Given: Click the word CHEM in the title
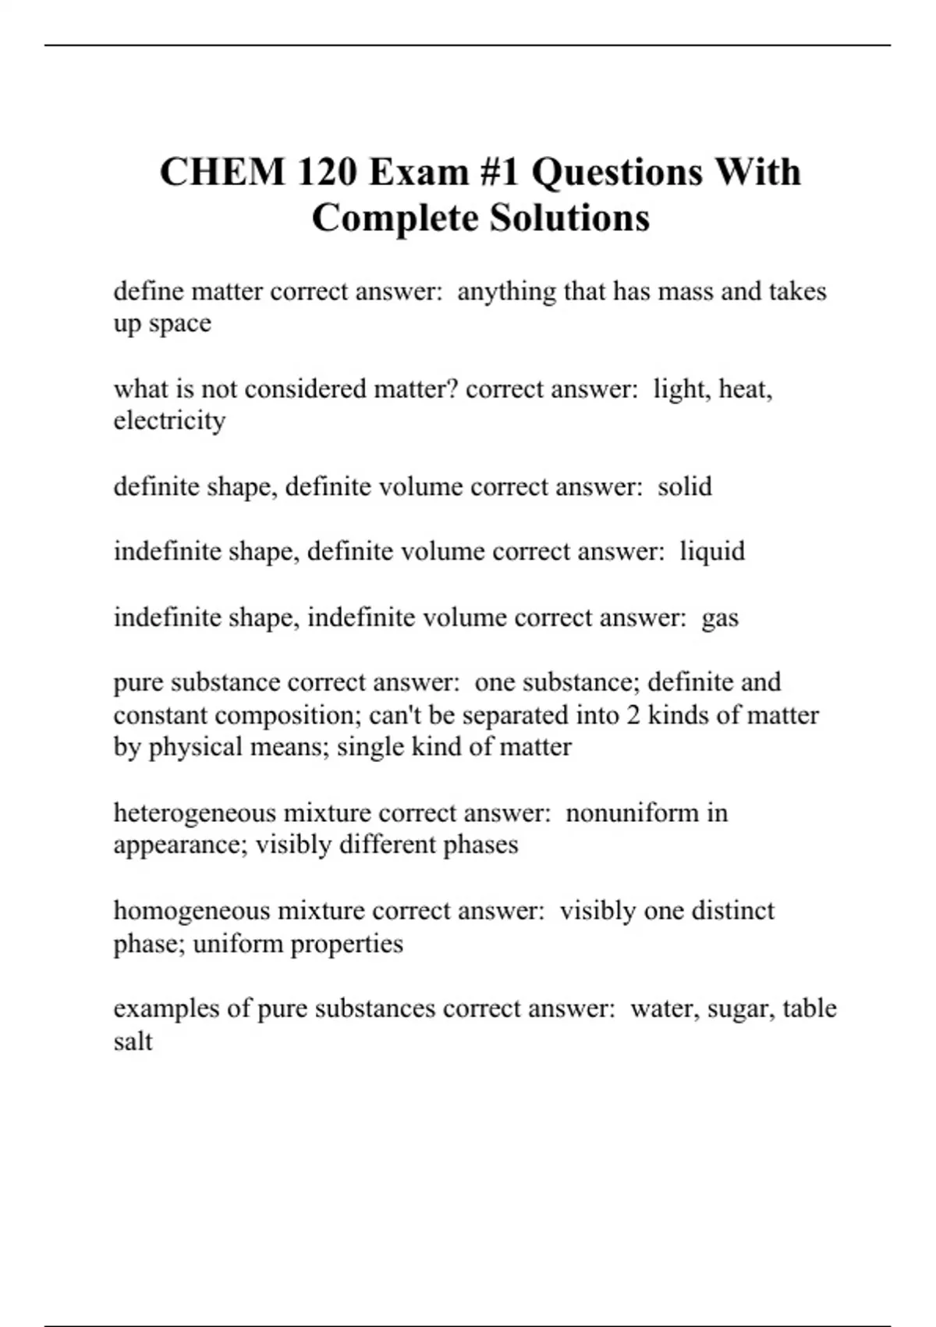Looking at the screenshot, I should [x=222, y=173].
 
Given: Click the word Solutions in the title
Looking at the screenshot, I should [x=569, y=218].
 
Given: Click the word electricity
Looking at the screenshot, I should [x=169, y=421].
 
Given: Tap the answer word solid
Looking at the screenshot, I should [x=684, y=487].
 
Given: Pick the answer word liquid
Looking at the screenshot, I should [x=712, y=552].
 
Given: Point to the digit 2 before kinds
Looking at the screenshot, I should [x=633, y=715].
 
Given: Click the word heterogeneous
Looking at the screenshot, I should [x=194, y=813].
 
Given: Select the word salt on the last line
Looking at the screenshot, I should [x=133, y=1041].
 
